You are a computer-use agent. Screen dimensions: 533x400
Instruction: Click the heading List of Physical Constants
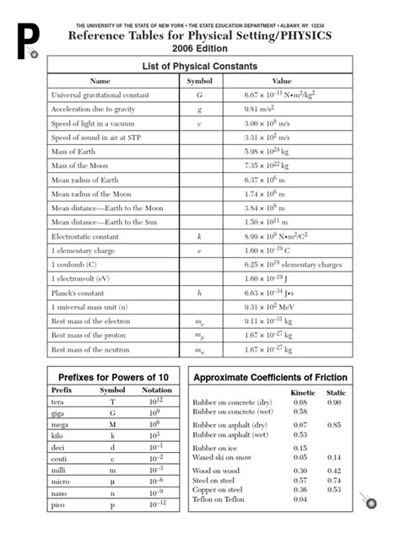pos(199,64)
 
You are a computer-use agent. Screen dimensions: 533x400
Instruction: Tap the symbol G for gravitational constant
pos(199,95)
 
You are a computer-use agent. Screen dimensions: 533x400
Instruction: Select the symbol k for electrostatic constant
pos(199,238)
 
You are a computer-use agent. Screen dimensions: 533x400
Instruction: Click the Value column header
pos(281,80)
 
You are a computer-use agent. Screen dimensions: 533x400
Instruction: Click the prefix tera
pos(60,402)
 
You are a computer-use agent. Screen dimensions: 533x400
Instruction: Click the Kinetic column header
pos(301,394)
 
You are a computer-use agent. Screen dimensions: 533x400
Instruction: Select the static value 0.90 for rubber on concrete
pos(335,403)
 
